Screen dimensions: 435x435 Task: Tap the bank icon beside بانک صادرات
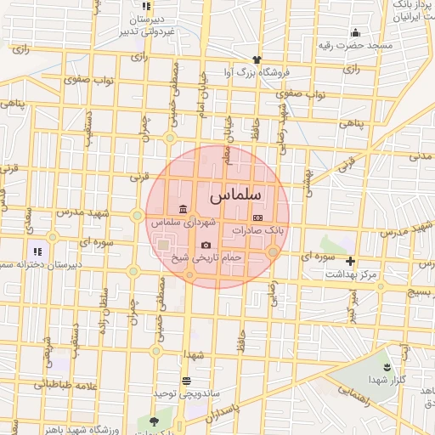258,218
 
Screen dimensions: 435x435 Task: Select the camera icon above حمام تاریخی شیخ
206,246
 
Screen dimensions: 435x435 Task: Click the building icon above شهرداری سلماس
183,210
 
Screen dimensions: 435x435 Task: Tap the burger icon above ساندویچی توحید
186,381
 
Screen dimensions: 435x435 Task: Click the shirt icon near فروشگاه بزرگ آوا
257,59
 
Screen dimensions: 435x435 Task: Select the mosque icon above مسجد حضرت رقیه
354,33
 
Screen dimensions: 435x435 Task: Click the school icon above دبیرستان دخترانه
37,251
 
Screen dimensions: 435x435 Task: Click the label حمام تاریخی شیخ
207,257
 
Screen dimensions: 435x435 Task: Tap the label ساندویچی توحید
176,394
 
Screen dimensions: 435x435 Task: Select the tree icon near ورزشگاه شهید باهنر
154,420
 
